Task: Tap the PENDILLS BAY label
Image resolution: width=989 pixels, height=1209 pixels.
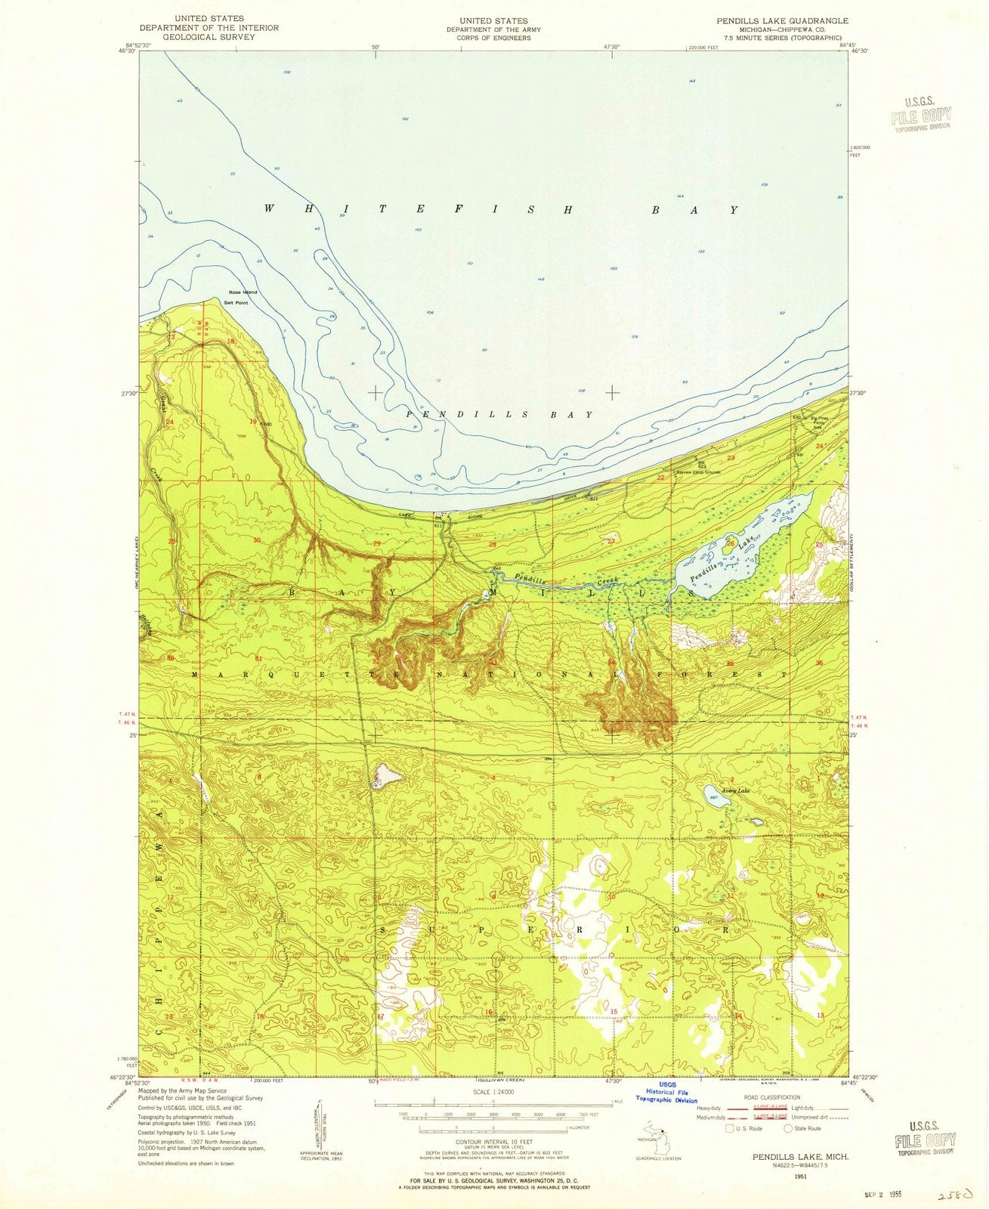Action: pos(499,415)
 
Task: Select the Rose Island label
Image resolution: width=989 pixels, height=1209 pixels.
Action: pos(243,292)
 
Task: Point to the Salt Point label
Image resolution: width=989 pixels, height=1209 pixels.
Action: pos(235,302)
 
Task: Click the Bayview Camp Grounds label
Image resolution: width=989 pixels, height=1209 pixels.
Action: pos(700,472)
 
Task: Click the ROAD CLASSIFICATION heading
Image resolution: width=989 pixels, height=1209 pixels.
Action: pos(771,1096)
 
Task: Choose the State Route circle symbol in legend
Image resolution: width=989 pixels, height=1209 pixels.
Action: pos(790,1128)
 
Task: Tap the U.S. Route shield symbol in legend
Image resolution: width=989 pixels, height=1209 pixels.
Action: pos(730,1128)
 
